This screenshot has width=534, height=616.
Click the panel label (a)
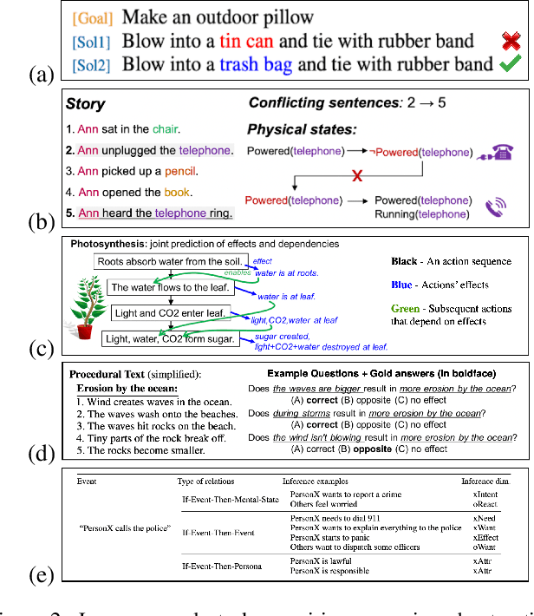pos(40,75)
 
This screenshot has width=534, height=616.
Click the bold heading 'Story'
pos(85,104)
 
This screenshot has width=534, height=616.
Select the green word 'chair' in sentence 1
pos(165,130)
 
